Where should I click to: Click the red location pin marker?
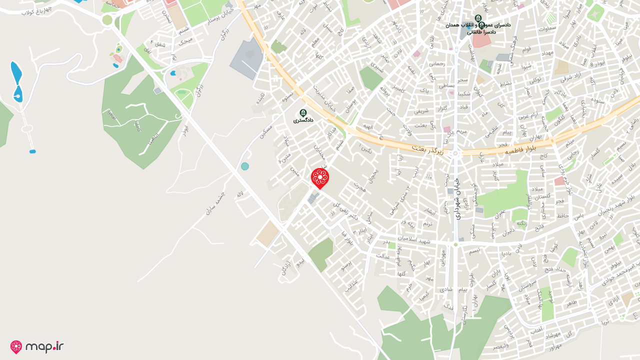[320, 178]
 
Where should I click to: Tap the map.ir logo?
[37, 346]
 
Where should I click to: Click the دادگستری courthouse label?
[303, 120]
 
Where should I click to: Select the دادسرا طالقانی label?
[481, 31]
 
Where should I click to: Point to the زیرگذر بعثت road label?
[427, 149]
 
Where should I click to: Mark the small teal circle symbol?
[244, 166]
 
